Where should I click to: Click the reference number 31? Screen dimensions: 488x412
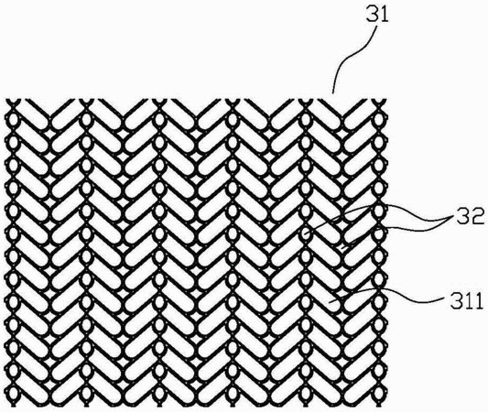tap(378, 15)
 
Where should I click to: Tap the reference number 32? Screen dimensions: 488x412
tap(471, 217)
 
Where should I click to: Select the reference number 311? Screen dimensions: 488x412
tap(466, 300)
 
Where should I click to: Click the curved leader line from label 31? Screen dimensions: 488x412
tap(355, 59)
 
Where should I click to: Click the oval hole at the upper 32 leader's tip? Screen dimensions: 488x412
tap(306, 233)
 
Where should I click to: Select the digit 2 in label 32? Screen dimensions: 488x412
tap(478, 217)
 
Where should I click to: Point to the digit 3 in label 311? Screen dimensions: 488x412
tap(457, 300)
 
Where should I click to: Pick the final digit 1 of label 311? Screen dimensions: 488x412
tap(479, 300)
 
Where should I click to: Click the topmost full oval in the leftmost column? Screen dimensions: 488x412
tap(14, 120)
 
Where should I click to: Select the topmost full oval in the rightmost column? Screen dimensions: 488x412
tap(378, 120)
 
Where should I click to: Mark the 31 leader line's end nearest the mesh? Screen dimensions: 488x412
tap(332, 93)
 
